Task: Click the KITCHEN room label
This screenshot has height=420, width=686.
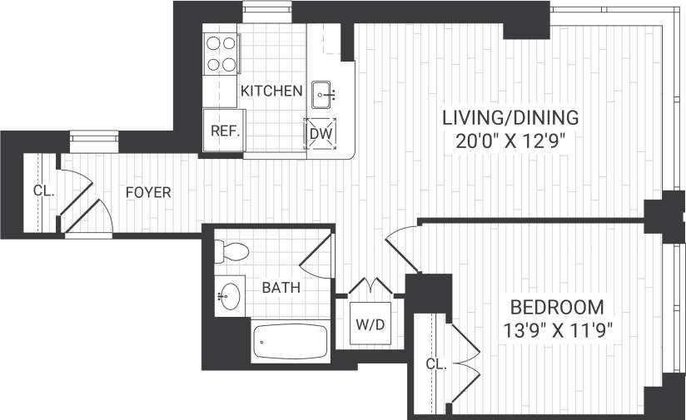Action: click(x=271, y=91)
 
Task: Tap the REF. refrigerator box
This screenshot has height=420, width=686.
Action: click(x=225, y=131)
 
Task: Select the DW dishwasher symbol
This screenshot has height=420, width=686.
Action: click(x=321, y=133)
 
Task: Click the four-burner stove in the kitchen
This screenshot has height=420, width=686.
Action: click(x=220, y=54)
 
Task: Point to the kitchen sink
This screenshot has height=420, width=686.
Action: click(x=324, y=95)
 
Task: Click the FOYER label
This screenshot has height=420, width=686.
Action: click(x=148, y=193)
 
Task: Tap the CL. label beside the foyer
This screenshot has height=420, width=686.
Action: click(x=43, y=190)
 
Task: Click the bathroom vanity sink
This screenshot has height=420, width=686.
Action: click(x=230, y=295)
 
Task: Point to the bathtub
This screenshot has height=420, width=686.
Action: click(x=290, y=341)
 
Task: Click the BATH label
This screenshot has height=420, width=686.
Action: click(x=281, y=288)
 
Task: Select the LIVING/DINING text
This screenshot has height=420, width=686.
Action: click(x=510, y=116)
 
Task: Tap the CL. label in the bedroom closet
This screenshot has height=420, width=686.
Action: click(x=436, y=364)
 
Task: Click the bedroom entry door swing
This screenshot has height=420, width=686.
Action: click(x=403, y=245)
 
